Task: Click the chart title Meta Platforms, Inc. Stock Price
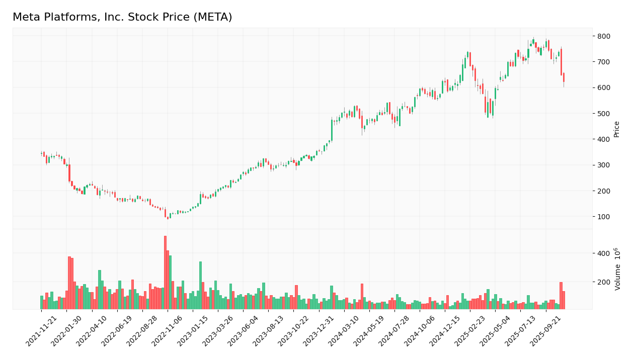coord(122,18)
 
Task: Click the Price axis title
coord(616,129)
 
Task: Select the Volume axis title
coord(617,269)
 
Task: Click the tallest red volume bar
coord(165,272)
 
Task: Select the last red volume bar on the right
coord(564,300)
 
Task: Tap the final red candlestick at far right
coord(564,77)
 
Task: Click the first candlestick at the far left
coord(41,154)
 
